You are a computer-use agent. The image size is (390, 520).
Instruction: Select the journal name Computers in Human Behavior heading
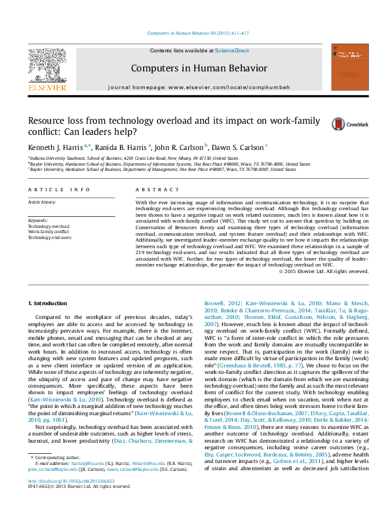pyautogui.click(x=189, y=67)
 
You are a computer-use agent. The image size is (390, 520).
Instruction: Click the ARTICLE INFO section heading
pyautogui.click(x=59, y=189)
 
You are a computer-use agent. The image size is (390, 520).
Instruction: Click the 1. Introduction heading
pyautogui.click(x=49, y=303)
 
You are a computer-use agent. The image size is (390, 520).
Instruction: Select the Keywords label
pyautogui.click(x=38, y=220)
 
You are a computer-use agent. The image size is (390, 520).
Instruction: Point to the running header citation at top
pyautogui.click(x=195, y=33)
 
